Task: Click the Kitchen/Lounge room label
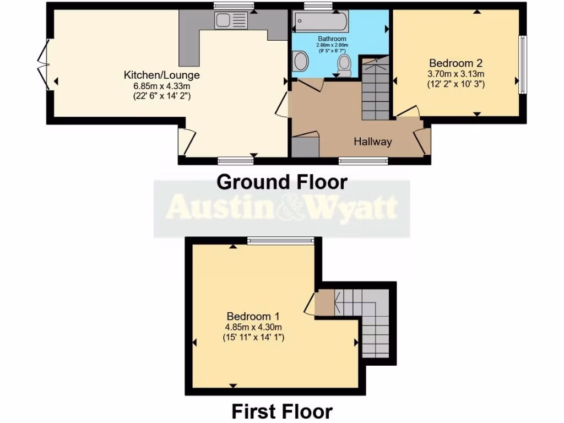[x=161, y=75]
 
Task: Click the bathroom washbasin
[x=300, y=61]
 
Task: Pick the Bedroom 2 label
[x=455, y=62]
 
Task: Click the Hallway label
[x=373, y=142]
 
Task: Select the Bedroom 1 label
[x=253, y=316]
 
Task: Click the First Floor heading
[x=281, y=411]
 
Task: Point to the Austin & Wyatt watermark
[x=281, y=208]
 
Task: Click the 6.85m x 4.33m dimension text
[x=161, y=86]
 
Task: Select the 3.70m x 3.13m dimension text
[x=455, y=74]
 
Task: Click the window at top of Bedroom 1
[x=280, y=240]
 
